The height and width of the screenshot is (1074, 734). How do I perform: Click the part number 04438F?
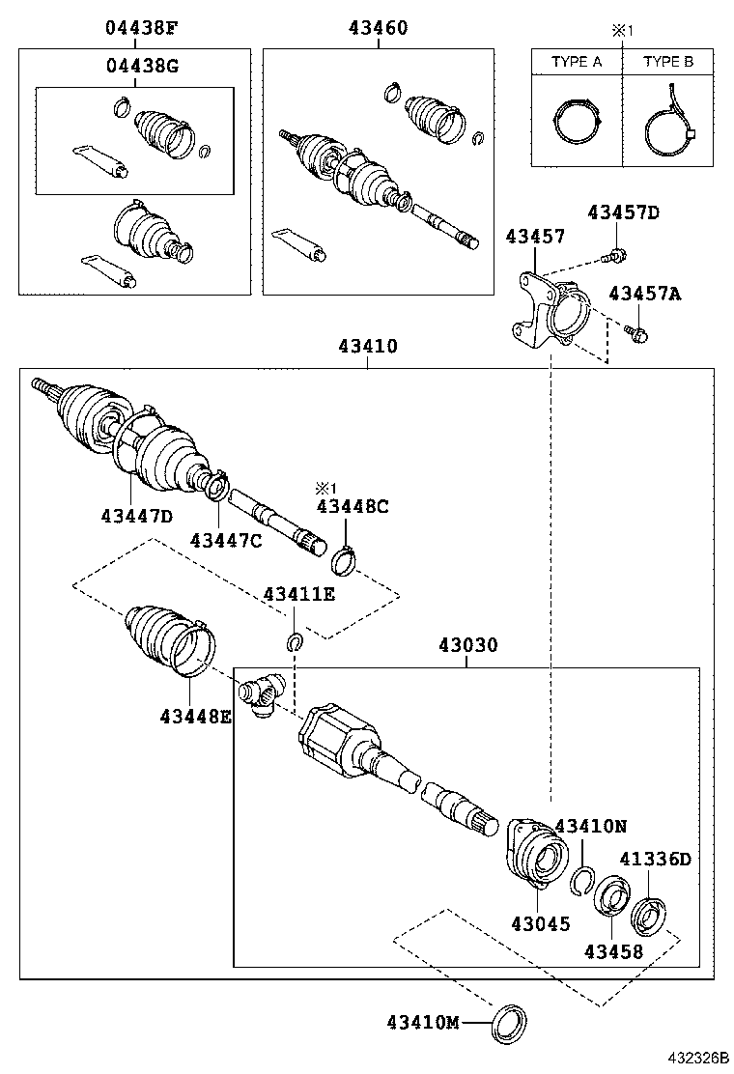[x=141, y=28]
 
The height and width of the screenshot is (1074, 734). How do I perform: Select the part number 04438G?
[x=141, y=66]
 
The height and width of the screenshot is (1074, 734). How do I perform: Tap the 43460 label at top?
[x=378, y=28]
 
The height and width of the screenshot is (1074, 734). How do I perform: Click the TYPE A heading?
[x=577, y=62]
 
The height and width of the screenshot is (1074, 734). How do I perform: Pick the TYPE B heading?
[x=668, y=62]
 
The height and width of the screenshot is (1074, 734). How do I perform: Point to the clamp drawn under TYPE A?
[x=576, y=124]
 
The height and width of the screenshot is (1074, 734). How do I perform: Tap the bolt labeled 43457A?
[x=637, y=334]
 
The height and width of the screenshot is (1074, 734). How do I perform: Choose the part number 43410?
[x=367, y=345]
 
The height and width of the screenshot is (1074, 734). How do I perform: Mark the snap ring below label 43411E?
[x=296, y=640]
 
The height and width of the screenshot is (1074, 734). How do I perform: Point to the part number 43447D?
[x=136, y=516]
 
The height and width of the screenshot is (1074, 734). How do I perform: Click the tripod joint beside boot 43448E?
[x=261, y=695]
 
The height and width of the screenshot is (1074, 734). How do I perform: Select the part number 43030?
[x=467, y=644]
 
